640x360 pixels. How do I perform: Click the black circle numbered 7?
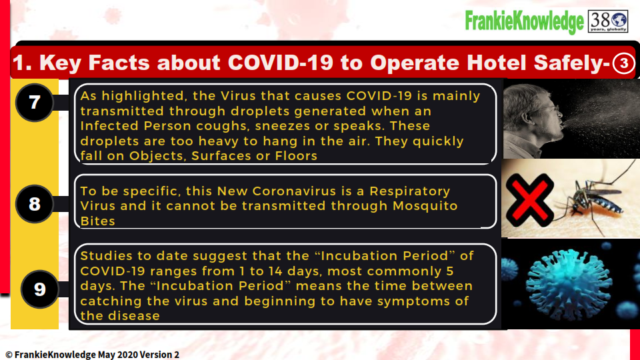[34, 102]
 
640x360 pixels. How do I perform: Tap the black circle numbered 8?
[34, 204]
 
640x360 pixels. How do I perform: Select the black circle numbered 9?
[39, 289]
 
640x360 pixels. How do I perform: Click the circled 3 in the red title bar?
[623, 63]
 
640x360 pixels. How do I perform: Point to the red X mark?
[529, 200]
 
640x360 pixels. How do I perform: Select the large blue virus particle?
[569, 284]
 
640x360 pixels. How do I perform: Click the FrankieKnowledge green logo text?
[525, 21]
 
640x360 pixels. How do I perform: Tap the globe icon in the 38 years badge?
[619, 19]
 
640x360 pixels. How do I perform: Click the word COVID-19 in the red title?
[281, 63]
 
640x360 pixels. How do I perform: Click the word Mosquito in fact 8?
[425, 206]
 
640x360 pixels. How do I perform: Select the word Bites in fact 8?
[97, 221]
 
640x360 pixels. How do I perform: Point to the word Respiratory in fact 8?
[410, 191]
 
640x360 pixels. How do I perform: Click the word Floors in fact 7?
[296, 155]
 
